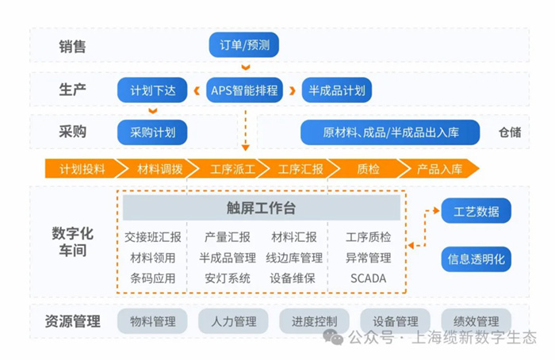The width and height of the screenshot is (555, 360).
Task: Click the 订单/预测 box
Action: coord(246,45)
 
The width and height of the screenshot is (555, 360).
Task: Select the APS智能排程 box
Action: coord(244,90)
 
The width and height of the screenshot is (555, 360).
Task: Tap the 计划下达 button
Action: coord(152,90)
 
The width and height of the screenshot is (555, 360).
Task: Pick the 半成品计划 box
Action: coord(337,90)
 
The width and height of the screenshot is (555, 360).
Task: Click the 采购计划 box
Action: coord(152,132)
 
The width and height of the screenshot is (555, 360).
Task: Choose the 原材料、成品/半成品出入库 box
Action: coord(390,132)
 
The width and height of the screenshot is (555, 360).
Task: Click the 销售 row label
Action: coord(72,46)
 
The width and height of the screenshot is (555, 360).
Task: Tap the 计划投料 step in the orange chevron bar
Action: coord(82,168)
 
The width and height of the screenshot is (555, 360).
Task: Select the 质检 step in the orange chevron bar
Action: coord(368,168)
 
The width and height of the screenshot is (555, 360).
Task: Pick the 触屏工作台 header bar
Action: coord(261,209)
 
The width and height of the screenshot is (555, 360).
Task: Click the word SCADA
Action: coord(368,278)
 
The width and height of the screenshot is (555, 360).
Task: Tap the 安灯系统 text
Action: coord(228,278)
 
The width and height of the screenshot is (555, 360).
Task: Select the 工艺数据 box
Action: coord(476,211)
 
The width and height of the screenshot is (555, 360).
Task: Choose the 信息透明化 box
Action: coord(476,259)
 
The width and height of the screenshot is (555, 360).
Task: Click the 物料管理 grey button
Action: coord(152,321)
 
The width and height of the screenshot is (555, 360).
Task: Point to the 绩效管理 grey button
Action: coord(476,321)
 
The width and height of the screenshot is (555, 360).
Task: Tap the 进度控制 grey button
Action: coord(314,321)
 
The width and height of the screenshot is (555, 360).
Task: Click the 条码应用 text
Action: coord(152,278)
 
